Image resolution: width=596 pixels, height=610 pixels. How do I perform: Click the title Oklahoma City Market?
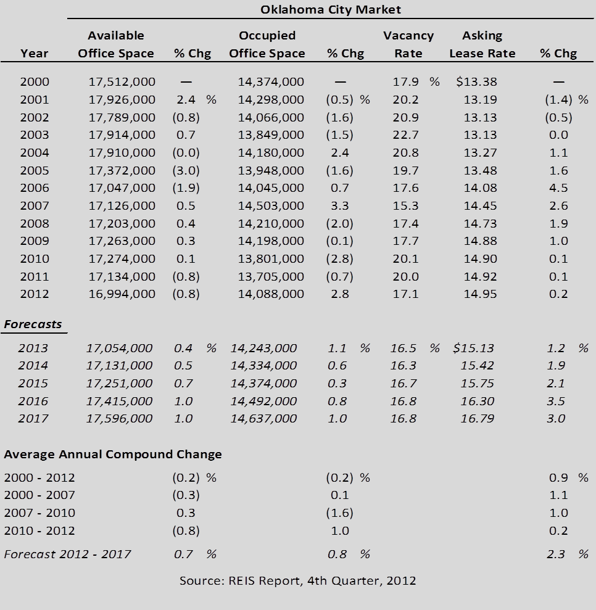(330, 10)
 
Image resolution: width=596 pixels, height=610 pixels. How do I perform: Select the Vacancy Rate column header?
(408, 44)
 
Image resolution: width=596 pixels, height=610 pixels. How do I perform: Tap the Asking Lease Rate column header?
(482, 44)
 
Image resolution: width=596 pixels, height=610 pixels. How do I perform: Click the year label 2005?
(35, 170)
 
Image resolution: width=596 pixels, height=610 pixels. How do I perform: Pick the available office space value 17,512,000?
(122, 81)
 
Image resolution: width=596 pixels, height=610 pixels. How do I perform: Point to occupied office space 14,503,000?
(271, 205)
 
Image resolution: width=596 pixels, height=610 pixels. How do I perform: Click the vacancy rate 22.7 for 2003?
(405, 134)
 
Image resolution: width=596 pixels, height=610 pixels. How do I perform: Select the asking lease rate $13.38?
(476, 81)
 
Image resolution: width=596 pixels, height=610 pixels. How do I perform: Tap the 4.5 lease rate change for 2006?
(558, 188)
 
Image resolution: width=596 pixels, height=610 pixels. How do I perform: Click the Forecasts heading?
(33, 324)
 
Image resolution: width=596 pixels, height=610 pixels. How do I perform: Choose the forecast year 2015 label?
(33, 383)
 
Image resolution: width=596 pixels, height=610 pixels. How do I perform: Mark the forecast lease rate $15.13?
(473, 348)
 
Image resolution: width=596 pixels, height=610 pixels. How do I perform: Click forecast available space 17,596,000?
(119, 419)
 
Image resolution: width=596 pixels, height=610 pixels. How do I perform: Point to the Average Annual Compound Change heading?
(113, 455)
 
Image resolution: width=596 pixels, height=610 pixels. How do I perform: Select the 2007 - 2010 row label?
(39, 513)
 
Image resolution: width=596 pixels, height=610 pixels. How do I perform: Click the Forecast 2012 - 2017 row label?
(67, 554)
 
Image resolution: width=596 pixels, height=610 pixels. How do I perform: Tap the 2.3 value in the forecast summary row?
(555, 554)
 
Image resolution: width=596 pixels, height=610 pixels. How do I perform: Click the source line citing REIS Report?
(297, 581)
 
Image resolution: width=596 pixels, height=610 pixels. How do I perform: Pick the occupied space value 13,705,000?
(271, 276)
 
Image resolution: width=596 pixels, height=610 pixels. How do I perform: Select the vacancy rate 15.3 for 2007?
(405, 205)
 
